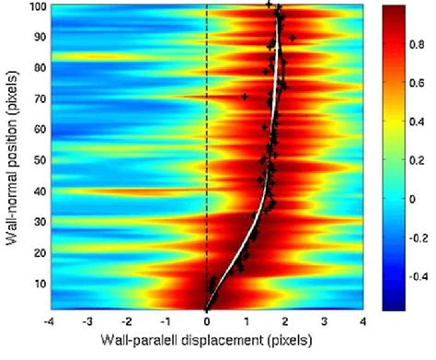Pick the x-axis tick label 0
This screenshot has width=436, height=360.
[207, 322]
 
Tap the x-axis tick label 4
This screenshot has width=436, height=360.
[365, 322]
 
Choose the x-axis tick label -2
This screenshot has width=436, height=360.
[126, 322]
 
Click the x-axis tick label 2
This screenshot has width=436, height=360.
[286, 322]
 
